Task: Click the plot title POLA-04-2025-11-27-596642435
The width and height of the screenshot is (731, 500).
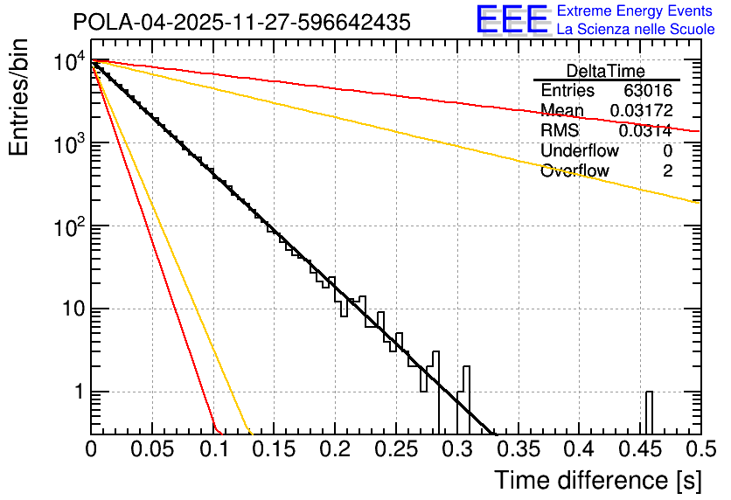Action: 241,23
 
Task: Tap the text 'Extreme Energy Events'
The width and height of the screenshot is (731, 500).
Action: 634,11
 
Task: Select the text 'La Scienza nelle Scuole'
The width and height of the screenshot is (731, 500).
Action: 636,29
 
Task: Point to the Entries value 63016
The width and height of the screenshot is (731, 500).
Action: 648,91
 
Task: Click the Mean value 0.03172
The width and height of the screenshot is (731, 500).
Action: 641,111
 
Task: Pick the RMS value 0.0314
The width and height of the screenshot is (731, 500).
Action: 645,131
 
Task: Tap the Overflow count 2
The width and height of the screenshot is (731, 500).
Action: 667,171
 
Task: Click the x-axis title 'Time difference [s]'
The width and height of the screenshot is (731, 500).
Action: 598,480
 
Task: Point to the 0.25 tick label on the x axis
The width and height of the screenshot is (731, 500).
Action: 395,450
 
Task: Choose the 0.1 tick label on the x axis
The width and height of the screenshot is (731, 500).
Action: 212,450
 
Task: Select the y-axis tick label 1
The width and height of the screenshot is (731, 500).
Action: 78,393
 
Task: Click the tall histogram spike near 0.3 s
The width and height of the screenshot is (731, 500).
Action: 466,398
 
